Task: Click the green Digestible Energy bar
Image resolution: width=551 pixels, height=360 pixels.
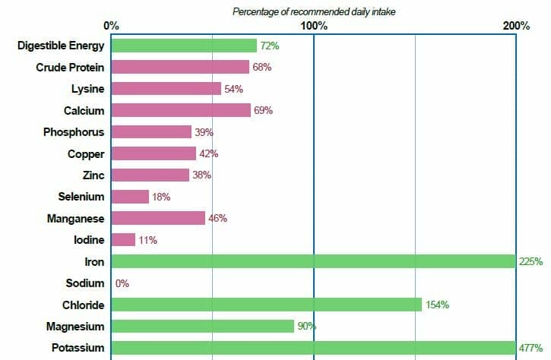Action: [x=184, y=46]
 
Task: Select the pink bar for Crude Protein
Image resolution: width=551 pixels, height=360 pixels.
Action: [x=180, y=67]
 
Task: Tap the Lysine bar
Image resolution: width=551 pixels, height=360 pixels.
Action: [x=166, y=89]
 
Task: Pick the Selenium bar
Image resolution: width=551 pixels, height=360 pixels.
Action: [x=130, y=197]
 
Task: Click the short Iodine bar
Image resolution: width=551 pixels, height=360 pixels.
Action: [x=123, y=240]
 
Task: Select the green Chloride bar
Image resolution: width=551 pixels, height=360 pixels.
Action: [x=266, y=305]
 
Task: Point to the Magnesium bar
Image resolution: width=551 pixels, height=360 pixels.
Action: [x=202, y=326]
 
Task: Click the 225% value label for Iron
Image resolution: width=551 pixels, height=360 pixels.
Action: [x=531, y=262]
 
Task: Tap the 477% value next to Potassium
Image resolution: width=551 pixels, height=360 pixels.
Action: [x=531, y=348]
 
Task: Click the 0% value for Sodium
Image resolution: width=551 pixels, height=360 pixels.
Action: [x=122, y=283]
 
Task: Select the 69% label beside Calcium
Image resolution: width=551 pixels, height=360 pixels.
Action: [x=263, y=111]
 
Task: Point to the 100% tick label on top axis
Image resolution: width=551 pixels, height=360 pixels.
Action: [x=314, y=26]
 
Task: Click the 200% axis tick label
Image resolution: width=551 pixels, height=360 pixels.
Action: [x=516, y=26]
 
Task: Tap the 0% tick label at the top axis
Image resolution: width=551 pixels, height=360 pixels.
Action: [x=112, y=26]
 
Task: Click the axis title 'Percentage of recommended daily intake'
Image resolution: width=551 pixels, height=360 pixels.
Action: [x=314, y=11]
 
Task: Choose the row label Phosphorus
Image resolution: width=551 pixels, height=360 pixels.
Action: [x=74, y=132]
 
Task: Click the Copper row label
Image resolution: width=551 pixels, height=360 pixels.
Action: [x=86, y=153]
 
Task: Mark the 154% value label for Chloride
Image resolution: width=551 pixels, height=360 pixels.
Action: [x=437, y=305]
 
